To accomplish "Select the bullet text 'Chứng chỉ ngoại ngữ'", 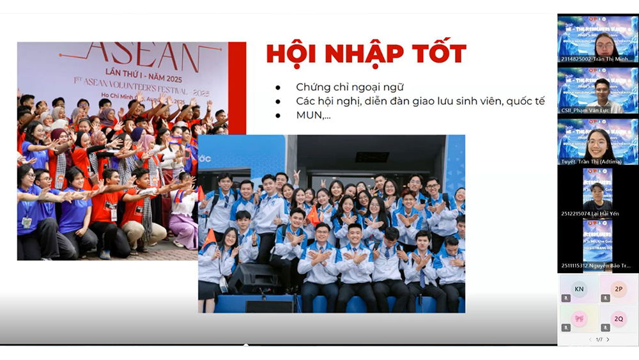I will click(350, 87).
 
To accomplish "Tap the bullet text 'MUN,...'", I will click(313, 116).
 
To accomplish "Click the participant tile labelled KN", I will click(579, 289).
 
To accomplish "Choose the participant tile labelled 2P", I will click(619, 289).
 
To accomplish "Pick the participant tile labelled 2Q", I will click(619, 318).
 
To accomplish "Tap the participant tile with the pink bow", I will click(579, 318).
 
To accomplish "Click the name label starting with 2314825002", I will click(597, 59).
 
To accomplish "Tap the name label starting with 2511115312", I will click(597, 265).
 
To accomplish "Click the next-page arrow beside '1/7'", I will click(608, 340).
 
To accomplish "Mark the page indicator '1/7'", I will click(599, 340).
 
